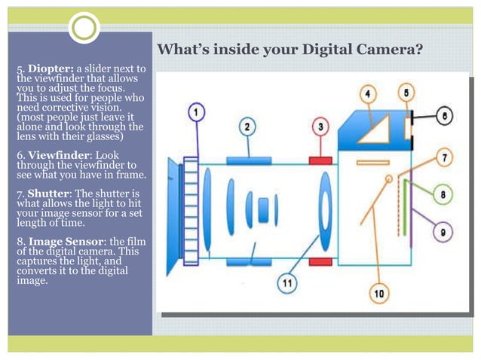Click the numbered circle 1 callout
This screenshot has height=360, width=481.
(x=195, y=112)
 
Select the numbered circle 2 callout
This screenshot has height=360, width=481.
(x=247, y=127)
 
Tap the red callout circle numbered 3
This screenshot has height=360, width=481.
(x=320, y=127)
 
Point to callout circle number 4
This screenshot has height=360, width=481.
(x=368, y=94)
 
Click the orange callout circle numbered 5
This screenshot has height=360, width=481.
(x=406, y=93)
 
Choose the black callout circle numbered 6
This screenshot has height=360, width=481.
(x=445, y=117)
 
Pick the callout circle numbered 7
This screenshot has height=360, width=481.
(x=446, y=158)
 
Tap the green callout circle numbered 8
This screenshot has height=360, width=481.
(x=443, y=195)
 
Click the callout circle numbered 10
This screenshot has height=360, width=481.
(x=378, y=293)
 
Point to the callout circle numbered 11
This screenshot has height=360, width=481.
(x=286, y=284)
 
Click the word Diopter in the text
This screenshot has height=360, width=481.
(x=50, y=70)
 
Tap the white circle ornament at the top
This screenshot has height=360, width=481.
(x=84, y=29)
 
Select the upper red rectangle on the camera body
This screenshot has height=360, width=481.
(x=321, y=160)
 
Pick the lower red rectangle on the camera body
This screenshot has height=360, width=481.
(x=321, y=261)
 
